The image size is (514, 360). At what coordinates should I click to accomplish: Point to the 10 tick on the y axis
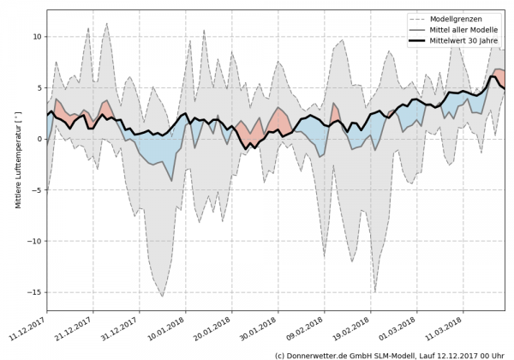(35, 37)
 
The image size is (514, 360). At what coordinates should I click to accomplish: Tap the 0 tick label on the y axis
(39, 139)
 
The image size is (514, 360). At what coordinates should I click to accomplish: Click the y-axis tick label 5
(39, 87)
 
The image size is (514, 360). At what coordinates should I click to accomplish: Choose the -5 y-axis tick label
(35, 190)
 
